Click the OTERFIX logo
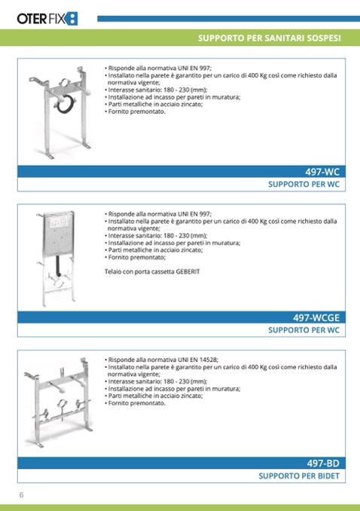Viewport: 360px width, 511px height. (47, 19)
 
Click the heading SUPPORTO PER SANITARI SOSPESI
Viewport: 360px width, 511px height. (270, 38)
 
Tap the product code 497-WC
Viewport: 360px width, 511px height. (322, 172)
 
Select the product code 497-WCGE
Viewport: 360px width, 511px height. (316, 317)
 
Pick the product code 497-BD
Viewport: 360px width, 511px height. (323, 463)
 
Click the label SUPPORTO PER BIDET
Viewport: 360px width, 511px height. (299, 476)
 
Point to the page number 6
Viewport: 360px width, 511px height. (22, 494)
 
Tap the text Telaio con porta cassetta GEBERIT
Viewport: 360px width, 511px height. (152, 271)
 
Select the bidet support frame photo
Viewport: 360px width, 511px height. (58, 402)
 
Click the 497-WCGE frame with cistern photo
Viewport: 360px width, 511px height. (56, 259)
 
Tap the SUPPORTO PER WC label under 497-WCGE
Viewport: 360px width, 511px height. (304, 330)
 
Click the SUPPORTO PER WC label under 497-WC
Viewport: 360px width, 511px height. (304, 185)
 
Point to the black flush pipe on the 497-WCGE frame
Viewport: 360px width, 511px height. (59, 265)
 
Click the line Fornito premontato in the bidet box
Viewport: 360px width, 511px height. (135, 403)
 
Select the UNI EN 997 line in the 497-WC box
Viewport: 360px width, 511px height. (158, 68)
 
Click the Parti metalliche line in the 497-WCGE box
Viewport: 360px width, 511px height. (154, 250)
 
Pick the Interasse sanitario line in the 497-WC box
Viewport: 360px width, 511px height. (156, 90)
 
